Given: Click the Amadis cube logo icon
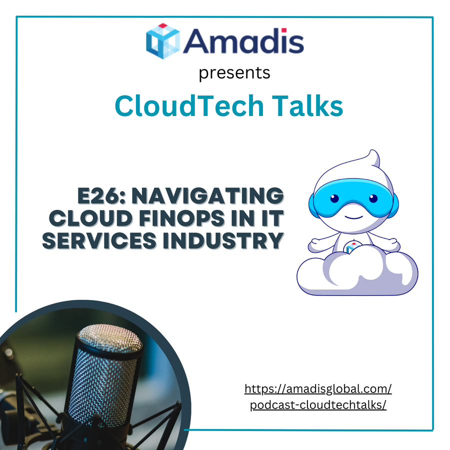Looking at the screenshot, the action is tap(162, 41).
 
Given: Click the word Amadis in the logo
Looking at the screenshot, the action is tap(243, 41).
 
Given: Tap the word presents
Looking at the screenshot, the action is tap(234, 73).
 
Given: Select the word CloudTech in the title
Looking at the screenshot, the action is tap(189, 105).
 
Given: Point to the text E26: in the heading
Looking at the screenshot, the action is tap(102, 195).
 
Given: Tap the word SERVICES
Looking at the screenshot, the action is tap(99, 240).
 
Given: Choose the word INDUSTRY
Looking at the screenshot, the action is tap(223, 240).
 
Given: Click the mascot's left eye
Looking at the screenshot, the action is tap(334, 198).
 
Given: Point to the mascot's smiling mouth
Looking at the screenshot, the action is tap(354, 217).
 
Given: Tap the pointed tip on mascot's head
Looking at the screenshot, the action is tap(372, 151).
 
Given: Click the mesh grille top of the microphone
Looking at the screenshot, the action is tap(110, 337).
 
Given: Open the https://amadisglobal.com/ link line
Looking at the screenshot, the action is tap(318, 389).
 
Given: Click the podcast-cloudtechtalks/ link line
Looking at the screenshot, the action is tap(318, 405).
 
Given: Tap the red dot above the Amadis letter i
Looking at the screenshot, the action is tap(284, 30).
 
